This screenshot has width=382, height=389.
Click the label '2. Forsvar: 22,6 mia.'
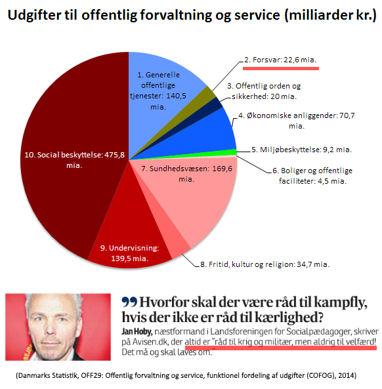click(x=280, y=60)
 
